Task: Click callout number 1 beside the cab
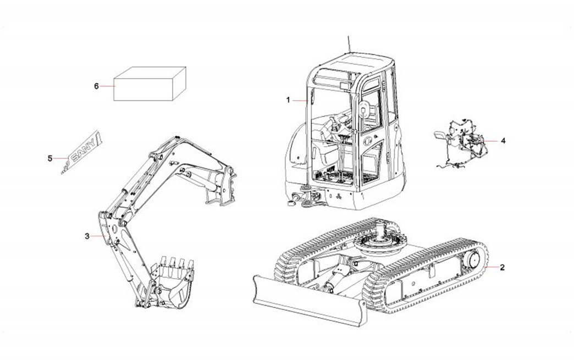coord(288,100)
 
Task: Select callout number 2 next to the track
coord(502,268)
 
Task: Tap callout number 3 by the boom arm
coord(87,236)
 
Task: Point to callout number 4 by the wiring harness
coord(503,140)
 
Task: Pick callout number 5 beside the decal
coord(49,158)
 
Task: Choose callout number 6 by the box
coord(96,86)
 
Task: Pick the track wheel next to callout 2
coord(472,263)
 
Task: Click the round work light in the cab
coord(365,109)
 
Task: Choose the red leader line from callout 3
coord(98,236)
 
